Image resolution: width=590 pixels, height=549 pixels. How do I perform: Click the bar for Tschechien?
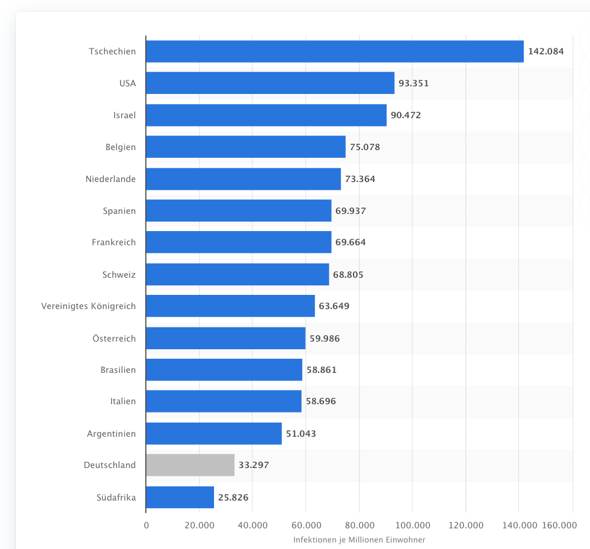tap(335, 51)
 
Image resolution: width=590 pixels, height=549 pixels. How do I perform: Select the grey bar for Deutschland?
tap(190, 465)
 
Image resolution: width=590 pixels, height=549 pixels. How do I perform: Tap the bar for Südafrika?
tap(180, 498)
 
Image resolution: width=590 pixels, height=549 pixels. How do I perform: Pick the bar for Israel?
tap(266, 115)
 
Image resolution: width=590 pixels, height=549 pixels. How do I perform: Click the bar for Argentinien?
tap(214, 434)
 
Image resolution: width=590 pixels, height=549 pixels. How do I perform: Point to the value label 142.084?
tap(546, 51)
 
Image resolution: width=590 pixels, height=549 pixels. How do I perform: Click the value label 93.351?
tap(414, 83)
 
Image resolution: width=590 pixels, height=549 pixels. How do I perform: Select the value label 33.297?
tap(254, 465)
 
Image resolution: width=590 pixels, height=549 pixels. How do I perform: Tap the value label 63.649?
tap(334, 306)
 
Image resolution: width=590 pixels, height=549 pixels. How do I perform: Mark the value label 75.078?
tap(365, 147)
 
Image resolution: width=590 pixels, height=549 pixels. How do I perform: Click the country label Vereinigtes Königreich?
tap(89, 306)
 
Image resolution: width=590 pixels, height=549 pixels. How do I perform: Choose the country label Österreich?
tap(114, 339)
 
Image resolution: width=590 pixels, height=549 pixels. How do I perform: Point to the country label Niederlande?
tap(111, 178)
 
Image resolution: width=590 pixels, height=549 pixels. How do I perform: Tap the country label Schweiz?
tap(119, 275)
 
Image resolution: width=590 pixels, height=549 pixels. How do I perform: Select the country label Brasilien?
tap(118, 370)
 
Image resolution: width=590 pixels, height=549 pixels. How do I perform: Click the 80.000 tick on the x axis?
tap(359, 525)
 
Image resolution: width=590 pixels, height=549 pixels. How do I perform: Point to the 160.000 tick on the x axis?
tap(560, 525)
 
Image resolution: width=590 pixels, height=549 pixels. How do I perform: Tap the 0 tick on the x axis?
tap(146, 525)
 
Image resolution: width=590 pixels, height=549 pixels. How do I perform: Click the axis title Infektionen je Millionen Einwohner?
tap(359, 540)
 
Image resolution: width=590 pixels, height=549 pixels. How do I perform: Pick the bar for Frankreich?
tap(239, 242)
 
